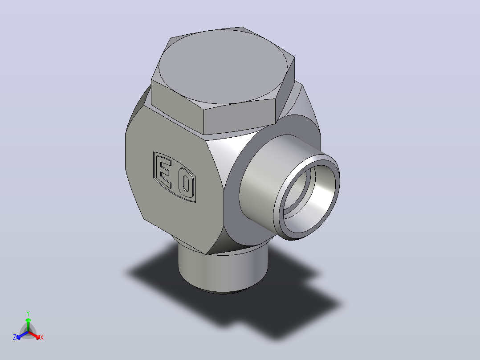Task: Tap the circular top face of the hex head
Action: point(223,66)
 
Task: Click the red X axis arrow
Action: point(34,335)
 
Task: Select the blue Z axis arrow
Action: point(22,335)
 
